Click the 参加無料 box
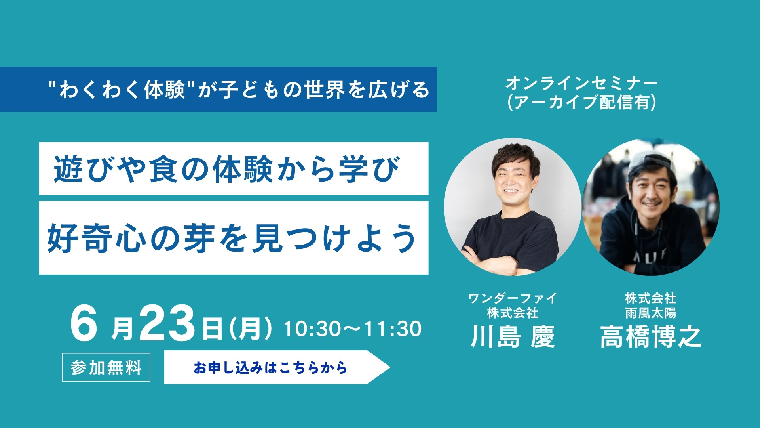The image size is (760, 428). tap(106, 367)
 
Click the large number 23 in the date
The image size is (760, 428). tap(167, 324)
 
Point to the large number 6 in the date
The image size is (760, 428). tap(84, 324)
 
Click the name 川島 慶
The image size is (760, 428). tap(513, 336)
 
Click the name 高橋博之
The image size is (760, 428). tap(651, 336)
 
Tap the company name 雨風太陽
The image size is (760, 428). tap(651, 313)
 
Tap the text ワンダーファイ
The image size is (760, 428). tap(513, 298)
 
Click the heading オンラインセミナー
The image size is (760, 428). tap(581, 83)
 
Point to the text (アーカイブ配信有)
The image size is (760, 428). tap(581, 102)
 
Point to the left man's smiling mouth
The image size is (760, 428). tap(511, 191)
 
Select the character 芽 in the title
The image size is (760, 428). tap(200, 238)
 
